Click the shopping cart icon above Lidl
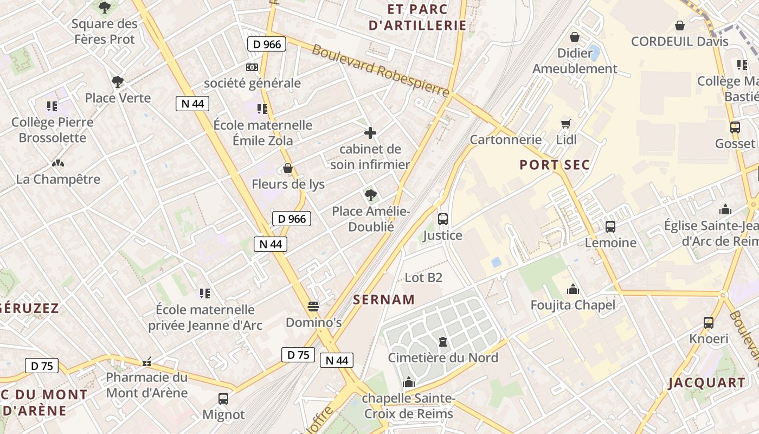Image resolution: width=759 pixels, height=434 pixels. [566, 124]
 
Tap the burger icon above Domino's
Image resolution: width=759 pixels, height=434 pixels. [313, 307]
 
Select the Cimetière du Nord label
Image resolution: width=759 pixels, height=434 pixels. [443, 358]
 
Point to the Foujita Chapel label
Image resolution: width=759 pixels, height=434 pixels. [573, 305]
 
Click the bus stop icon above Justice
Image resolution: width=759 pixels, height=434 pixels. [443, 219]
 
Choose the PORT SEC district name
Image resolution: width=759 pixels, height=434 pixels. [555, 165]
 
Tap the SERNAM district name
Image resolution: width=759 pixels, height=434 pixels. [384, 299]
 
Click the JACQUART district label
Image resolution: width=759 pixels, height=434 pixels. [707, 382]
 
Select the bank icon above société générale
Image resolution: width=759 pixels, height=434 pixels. [252, 67]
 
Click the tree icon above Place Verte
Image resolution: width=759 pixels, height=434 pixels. [117, 82]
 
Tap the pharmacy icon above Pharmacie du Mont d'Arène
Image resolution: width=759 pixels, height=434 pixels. [146, 362]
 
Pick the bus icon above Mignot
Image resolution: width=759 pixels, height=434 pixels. [223, 399]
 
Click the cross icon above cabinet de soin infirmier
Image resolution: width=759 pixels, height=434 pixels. [370, 133]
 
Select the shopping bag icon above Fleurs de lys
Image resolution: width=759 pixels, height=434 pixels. [288, 169]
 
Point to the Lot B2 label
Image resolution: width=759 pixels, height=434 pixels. [423, 278]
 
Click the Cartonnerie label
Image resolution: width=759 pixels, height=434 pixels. [505, 139]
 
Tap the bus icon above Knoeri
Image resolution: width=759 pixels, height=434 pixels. [709, 323]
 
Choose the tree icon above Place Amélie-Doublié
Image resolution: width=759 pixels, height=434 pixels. [370, 195]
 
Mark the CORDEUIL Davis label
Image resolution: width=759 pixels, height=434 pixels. [680, 41]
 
